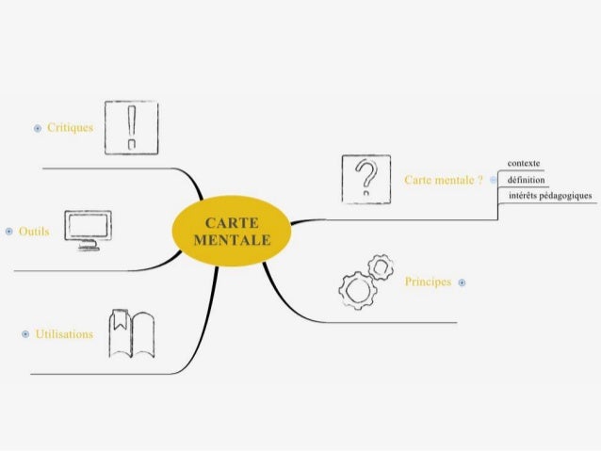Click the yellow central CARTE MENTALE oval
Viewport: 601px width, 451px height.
231,232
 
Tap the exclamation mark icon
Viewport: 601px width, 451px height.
130,127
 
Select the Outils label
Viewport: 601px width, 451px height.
34,231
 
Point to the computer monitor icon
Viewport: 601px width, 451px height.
88,230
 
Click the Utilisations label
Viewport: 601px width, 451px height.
64,333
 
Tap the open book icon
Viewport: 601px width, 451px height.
132,333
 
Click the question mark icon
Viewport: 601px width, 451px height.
365,178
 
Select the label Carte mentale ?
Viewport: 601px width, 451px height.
444,179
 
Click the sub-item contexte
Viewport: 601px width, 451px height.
524,163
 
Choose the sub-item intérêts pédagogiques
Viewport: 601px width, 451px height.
550,196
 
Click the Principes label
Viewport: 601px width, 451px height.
428,282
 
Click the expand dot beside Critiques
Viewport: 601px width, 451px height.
38,127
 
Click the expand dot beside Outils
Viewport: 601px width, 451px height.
8,231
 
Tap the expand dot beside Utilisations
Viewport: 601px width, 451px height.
24,333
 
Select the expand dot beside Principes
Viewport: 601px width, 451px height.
462,282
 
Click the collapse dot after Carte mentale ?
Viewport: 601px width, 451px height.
493,179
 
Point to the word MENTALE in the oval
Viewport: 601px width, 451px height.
231,240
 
